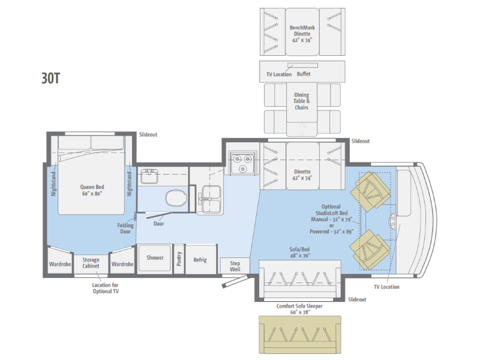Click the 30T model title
50,79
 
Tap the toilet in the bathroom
176,198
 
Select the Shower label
155,258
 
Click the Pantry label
179,259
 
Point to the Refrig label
200,260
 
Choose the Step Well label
235,266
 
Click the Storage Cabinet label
91,263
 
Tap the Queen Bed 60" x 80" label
92,190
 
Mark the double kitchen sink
211,199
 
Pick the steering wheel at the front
392,220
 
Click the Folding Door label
125,229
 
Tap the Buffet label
304,74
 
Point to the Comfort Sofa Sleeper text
299,306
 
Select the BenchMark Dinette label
302,31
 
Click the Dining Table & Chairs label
302,101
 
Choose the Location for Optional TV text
106,288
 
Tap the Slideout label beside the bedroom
148,134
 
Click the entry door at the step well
235,281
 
